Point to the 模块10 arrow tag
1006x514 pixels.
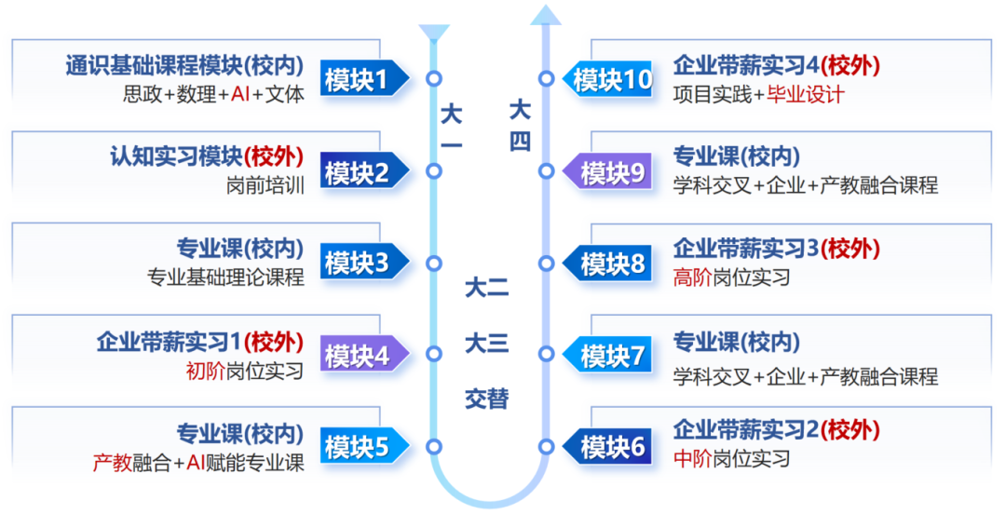(607, 80)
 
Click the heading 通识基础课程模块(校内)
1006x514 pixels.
(184, 66)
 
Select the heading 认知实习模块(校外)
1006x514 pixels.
(207, 156)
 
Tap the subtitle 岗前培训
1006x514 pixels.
(265, 185)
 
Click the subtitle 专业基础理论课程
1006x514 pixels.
(225, 277)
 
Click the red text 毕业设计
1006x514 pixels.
(806, 94)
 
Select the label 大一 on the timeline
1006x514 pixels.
(452, 128)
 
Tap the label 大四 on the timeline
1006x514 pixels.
(520, 126)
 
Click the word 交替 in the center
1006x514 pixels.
(487, 399)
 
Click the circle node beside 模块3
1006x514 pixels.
(433, 263)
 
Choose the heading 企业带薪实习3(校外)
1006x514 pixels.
(776, 249)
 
